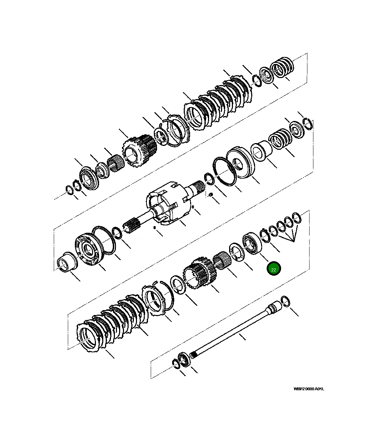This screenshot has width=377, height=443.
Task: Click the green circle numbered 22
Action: point(274,269)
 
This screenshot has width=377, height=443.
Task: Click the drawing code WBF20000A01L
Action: point(309,389)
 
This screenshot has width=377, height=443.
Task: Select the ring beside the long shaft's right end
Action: point(286,301)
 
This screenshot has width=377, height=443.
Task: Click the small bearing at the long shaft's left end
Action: point(183,360)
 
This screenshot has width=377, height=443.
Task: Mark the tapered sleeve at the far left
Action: point(67,262)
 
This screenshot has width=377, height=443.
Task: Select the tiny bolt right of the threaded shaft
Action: point(210,195)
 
